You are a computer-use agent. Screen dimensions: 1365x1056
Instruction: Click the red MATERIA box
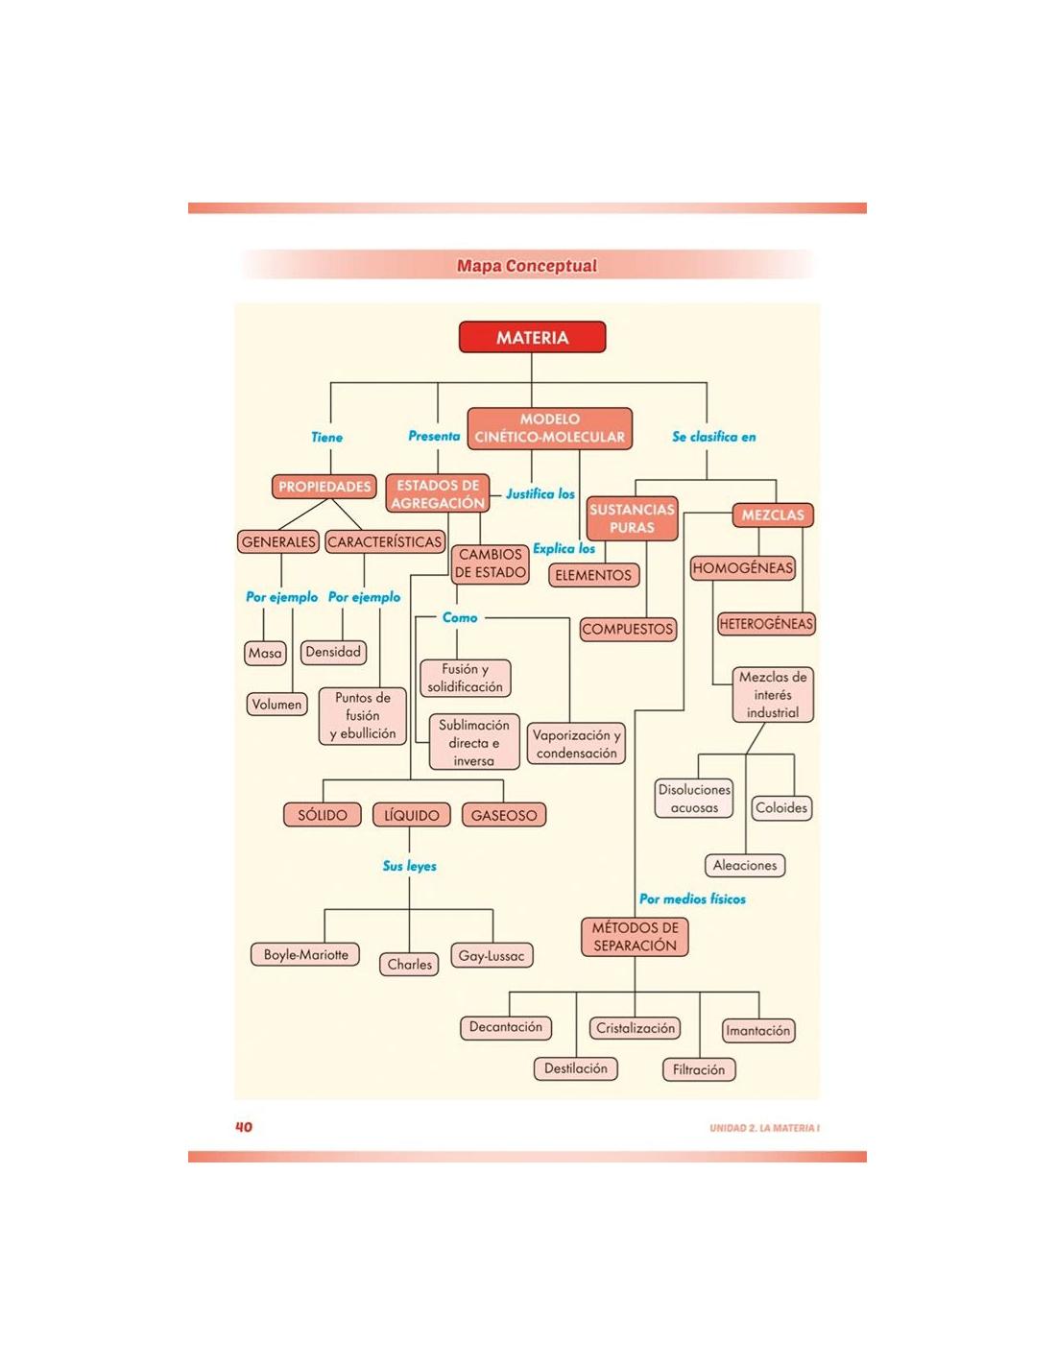[x=532, y=338]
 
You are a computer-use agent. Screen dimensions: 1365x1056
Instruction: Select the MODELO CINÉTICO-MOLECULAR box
[x=549, y=428]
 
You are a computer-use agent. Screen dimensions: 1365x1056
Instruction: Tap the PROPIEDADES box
[x=324, y=487]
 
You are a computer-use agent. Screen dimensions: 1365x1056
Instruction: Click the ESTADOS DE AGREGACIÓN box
[x=438, y=494]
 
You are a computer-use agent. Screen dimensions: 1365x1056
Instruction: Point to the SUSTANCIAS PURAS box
[x=632, y=518]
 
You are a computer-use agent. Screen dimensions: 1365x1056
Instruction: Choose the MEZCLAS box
[x=773, y=515]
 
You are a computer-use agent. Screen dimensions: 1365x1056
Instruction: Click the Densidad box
[x=333, y=653]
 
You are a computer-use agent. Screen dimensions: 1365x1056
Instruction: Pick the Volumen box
[x=276, y=705]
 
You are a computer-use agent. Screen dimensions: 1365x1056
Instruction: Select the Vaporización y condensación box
[x=576, y=744]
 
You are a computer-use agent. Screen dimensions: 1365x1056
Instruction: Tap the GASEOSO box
[x=504, y=816]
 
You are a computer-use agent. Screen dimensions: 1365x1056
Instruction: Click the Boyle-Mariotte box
[x=306, y=955]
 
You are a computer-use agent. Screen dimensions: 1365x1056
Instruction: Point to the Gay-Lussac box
[x=492, y=956]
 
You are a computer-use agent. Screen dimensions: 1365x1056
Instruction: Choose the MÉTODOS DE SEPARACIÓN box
[x=635, y=937]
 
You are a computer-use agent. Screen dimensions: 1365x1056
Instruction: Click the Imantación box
[x=758, y=1031]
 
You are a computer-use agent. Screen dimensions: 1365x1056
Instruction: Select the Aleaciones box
[x=745, y=866]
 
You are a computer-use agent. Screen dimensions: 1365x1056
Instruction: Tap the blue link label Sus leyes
[x=409, y=867]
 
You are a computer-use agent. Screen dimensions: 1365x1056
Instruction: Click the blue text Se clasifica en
[x=713, y=437]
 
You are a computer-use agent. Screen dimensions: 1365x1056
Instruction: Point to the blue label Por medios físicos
[x=692, y=899]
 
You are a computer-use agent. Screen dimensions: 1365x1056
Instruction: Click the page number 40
[x=244, y=1127]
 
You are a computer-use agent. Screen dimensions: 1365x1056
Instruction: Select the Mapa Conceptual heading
[x=526, y=266]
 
